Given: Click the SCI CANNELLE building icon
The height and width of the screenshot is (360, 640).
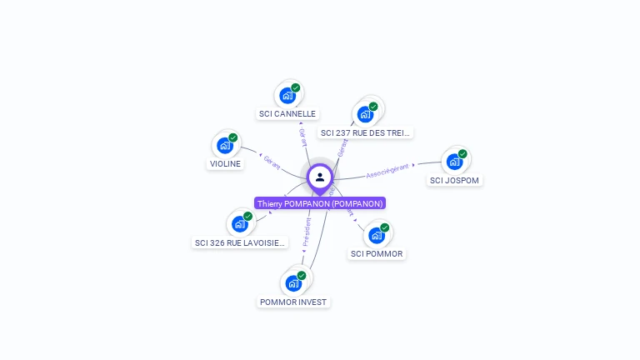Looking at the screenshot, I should [287, 95].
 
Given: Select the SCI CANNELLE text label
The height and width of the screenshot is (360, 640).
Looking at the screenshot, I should [287, 114].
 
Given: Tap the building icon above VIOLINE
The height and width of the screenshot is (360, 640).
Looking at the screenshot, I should [225, 145].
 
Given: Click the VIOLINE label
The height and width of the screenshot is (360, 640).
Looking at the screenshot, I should [225, 164].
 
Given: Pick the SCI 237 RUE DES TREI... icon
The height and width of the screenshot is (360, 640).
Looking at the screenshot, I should [365, 113].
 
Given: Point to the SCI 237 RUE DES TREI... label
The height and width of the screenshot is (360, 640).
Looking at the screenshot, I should [365, 132].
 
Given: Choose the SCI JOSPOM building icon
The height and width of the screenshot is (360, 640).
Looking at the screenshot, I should [455, 161].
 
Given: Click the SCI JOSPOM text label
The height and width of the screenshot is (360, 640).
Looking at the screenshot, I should [455, 180].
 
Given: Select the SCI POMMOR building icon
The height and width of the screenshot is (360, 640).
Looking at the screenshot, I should [377, 235].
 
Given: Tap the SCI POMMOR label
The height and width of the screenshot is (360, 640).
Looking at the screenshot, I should [377, 254].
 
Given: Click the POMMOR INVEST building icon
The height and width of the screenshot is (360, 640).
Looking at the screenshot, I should [293, 283].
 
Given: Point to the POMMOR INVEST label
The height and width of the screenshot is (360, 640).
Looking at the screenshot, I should [293, 302].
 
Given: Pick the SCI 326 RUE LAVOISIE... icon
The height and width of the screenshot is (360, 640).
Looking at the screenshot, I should [240, 223].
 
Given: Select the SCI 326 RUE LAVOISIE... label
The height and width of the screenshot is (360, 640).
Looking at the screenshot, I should [240, 243].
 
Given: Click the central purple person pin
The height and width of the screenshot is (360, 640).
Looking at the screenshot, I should [320, 177].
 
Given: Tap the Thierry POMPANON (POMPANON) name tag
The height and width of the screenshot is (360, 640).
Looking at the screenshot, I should [320, 204].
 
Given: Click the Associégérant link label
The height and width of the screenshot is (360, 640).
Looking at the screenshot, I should [389, 170].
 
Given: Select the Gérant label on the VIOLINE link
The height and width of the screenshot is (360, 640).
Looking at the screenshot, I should [272, 162].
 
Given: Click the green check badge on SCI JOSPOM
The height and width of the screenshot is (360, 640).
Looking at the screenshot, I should [462, 153].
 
